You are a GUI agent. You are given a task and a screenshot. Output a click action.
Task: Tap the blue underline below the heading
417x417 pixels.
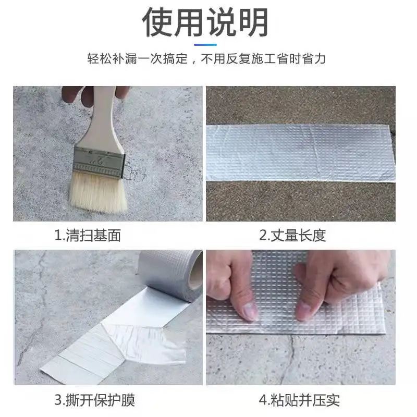(x=208, y=44)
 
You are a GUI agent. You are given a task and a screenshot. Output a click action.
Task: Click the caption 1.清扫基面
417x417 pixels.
(x=88, y=236)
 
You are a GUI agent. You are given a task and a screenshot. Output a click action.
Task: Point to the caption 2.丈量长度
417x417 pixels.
(x=292, y=236)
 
